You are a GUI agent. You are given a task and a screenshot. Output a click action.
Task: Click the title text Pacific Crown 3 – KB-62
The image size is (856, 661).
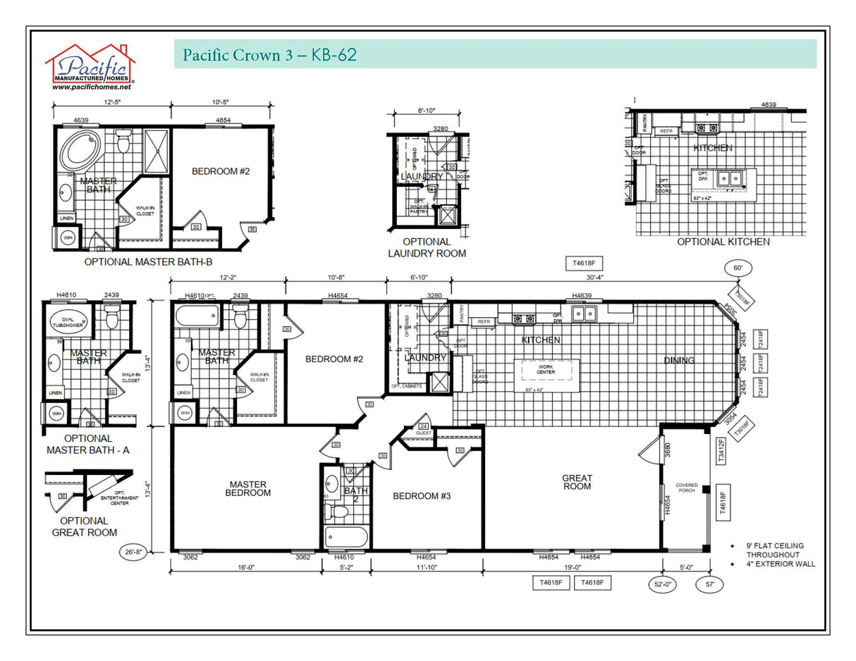tap(269, 55)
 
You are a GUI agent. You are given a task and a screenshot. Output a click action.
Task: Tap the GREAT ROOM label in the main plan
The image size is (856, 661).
tap(577, 482)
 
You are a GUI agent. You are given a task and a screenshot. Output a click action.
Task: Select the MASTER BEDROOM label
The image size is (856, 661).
tap(247, 488)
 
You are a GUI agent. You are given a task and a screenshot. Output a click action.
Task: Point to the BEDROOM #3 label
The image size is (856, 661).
tap(421, 496)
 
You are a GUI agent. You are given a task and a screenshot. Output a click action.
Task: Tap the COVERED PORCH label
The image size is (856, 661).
tap(686, 488)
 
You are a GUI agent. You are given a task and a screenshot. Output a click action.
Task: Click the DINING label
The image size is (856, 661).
tap(678, 361)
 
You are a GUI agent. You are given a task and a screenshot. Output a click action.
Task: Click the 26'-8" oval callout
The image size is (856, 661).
tap(134, 553)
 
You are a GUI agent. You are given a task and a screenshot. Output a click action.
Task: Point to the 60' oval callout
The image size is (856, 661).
tap(738, 268)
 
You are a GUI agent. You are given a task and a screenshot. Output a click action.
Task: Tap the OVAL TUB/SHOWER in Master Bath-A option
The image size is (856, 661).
tap(68, 321)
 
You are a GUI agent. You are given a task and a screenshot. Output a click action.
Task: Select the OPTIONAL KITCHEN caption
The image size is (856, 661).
tap(723, 242)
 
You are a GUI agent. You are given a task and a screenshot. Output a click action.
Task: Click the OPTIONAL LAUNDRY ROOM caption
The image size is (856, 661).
tap(427, 247)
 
